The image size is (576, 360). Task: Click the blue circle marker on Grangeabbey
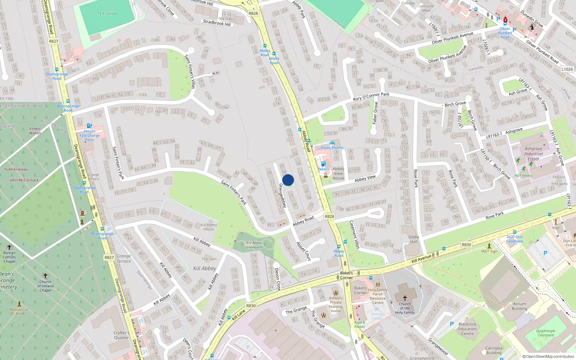(x=288, y=180)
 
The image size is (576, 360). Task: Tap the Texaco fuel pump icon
(x=323, y=164)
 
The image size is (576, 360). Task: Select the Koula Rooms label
(x=332, y=148)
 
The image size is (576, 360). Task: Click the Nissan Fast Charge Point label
(x=90, y=135)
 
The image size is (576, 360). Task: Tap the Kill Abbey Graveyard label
(x=254, y=245)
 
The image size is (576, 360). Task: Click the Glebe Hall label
(x=414, y=239)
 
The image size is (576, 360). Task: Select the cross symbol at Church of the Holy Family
(x=405, y=298)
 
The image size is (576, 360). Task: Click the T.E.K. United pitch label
(x=107, y=14)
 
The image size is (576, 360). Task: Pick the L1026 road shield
(x=567, y=69)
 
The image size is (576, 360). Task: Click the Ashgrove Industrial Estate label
(x=533, y=154)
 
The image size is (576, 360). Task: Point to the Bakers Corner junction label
(x=346, y=275)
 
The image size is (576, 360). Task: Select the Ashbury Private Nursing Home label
(x=336, y=305)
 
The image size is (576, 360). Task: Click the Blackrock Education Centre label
(x=467, y=329)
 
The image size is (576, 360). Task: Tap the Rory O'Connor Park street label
(x=371, y=96)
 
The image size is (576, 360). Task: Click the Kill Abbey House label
(x=208, y=227)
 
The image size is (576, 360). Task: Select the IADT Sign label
(x=489, y=251)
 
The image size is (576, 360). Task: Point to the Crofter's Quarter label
(x=121, y=335)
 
